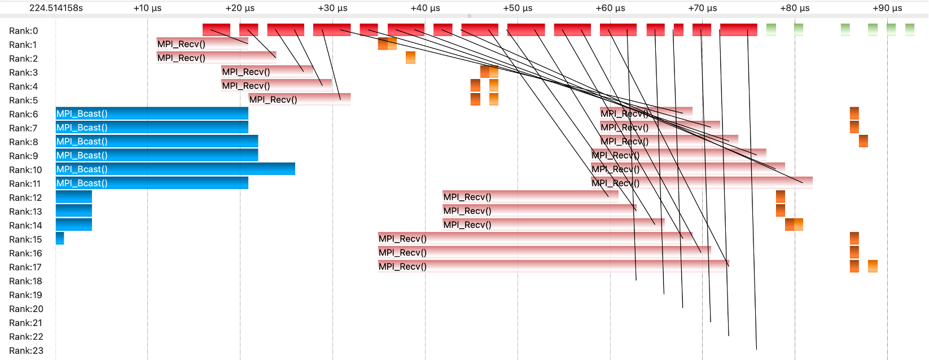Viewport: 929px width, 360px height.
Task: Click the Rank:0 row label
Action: tap(23, 31)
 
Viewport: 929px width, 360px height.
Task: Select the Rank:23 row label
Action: tap(25, 350)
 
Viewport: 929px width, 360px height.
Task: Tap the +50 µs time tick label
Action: tap(518, 8)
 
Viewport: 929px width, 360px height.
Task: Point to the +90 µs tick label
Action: tap(887, 8)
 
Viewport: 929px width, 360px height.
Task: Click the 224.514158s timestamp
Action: tap(56, 8)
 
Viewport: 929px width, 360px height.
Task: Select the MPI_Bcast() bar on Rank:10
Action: tap(175, 169)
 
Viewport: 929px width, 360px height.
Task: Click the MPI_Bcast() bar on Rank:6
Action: tap(152, 113)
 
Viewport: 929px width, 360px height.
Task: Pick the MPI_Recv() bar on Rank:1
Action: tap(202, 44)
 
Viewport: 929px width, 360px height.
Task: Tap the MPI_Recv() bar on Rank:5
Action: tap(299, 99)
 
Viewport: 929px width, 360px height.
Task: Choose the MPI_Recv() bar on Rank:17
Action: tap(553, 266)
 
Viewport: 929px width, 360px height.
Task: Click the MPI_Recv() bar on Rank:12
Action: tap(531, 197)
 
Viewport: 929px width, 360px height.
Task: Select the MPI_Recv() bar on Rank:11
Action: tap(702, 183)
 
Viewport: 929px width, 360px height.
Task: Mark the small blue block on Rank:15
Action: tap(60, 239)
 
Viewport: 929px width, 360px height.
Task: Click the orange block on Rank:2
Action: tap(410, 58)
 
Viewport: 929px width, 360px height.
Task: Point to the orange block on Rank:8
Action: tap(863, 141)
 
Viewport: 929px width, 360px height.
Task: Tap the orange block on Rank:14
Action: tap(794, 225)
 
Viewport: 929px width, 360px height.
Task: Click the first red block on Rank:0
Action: tap(216, 30)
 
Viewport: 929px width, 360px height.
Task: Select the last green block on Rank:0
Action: tap(909, 29)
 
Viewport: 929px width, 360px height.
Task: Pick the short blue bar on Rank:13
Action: tap(73, 211)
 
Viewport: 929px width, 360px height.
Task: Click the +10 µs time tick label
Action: tap(147, 8)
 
